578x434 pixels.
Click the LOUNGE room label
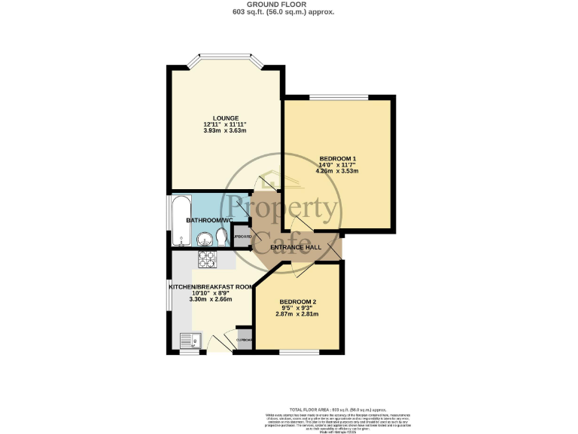coord(225,118)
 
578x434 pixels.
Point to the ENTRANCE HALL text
coord(296,247)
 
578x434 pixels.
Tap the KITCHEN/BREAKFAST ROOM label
coord(211,286)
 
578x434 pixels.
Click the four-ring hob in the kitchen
coord(206,259)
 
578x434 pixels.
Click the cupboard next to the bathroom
coord(242,237)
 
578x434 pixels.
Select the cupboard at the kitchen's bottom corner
coord(245,339)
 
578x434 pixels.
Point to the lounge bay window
coord(225,59)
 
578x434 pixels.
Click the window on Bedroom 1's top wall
coord(338,97)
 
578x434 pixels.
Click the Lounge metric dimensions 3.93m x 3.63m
coord(225,130)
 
